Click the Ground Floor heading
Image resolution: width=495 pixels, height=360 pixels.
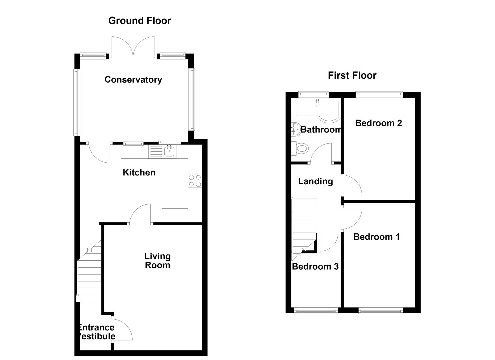[139, 21]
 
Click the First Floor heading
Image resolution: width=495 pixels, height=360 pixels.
[352, 75]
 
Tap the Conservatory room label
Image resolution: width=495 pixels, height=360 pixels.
[133, 80]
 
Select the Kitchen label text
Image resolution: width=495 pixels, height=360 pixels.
[139, 172]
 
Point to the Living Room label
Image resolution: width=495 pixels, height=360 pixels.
[157, 261]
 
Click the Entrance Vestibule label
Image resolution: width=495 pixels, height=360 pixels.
[97, 332]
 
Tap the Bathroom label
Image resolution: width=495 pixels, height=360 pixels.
[321, 129]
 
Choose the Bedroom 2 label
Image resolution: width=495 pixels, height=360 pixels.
[378, 123]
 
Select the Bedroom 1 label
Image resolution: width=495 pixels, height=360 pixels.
[376, 237]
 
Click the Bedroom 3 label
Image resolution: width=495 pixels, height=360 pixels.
[315, 266]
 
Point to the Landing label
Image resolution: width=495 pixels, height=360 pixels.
[315, 181]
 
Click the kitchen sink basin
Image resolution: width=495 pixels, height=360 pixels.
[170, 152]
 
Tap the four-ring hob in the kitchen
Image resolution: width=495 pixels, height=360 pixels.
[195, 181]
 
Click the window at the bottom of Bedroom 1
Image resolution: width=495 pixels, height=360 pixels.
[380, 311]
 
